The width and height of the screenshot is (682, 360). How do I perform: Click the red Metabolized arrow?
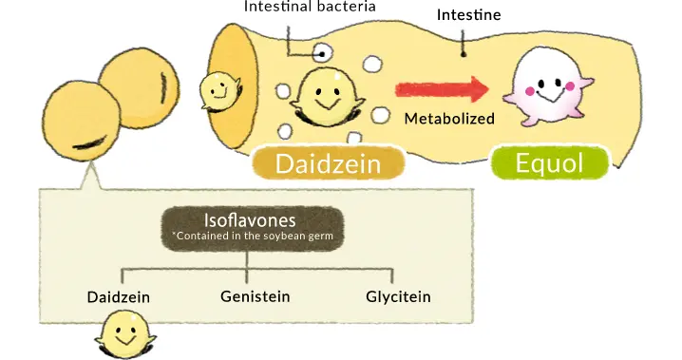[x=442, y=90]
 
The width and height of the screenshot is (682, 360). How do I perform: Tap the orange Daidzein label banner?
[x=328, y=164]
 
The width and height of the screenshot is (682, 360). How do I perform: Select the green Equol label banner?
[x=548, y=163]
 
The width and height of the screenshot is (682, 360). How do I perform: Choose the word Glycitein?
[x=398, y=296]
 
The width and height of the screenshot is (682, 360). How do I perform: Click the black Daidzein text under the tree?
[x=119, y=296]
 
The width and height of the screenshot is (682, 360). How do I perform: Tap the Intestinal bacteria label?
[x=310, y=7]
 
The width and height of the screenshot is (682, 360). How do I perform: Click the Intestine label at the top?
[x=468, y=15]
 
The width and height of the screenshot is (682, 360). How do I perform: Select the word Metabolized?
[x=449, y=119]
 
